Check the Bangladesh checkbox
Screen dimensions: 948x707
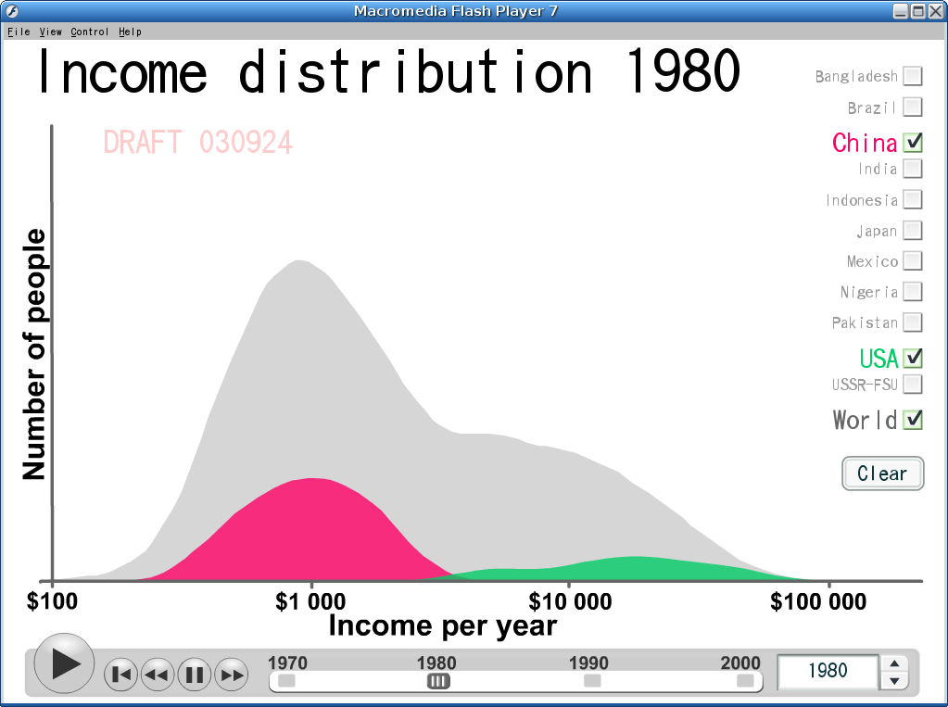pos(913,76)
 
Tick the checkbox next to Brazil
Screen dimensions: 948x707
pos(913,107)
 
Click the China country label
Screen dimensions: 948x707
pos(865,144)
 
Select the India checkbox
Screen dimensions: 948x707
pos(913,169)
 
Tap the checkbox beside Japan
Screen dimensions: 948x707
pos(913,231)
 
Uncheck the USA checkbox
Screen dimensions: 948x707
pos(913,358)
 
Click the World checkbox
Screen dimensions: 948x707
pos(913,420)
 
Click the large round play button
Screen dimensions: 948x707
pos(64,663)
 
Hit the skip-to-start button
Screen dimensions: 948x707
pos(120,675)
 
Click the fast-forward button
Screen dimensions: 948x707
pos(232,675)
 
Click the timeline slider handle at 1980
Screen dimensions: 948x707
pos(438,682)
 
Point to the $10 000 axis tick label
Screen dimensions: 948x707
pos(570,601)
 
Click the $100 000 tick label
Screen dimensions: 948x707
pos(818,601)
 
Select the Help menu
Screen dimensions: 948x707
pos(130,32)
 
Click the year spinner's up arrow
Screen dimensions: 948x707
pos(895,663)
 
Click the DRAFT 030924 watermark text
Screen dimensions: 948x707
pos(197,143)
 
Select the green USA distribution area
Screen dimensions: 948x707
pos(635,569)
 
